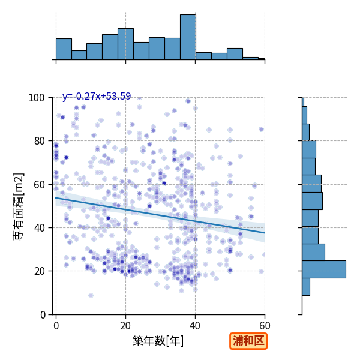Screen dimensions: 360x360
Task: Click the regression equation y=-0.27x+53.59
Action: [97, 96]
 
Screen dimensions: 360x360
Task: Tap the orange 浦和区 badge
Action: [248, 341]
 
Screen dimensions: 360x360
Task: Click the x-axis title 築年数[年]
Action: [158, 341]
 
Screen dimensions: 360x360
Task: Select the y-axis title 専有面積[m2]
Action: [19, 206]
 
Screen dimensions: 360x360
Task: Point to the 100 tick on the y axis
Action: [36, 98]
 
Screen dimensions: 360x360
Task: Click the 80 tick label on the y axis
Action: [39, 141]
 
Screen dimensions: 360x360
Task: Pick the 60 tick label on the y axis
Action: [39, 185]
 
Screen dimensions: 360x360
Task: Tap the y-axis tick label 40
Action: [39, 228]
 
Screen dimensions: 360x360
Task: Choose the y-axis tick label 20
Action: [39, 271]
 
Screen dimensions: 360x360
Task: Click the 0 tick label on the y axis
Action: [43, 314]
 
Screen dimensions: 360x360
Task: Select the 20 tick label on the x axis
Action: [125, 326]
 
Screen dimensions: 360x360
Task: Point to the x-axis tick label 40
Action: [195, 326]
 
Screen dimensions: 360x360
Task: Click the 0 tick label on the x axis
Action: [56, 326]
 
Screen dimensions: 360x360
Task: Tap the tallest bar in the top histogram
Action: [188, 37]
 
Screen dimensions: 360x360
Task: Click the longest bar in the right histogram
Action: [324, 269]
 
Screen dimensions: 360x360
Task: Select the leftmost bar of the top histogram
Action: [64, 49]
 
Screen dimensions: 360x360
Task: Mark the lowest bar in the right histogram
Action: [306, 287]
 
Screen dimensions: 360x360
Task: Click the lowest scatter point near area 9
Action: [91, 295]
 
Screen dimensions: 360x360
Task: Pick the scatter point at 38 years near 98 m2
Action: [188, 101]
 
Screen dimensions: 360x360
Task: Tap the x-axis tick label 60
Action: [265, 326]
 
